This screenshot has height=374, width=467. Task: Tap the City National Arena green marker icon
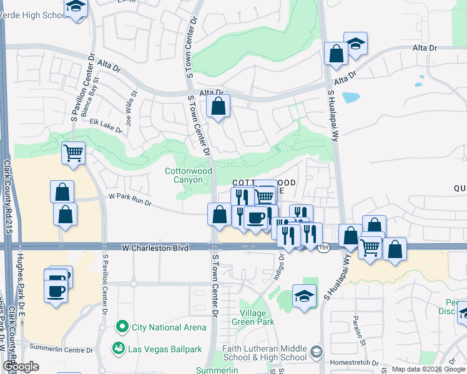coord(122,327)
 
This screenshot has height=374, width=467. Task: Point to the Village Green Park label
coord(257,317)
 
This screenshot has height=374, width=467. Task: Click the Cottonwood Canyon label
coord(188,175)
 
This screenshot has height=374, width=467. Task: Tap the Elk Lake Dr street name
coord(106,125)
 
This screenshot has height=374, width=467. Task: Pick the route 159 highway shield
coord(323,248)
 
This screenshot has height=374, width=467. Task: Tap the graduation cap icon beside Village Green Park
coord(304,296)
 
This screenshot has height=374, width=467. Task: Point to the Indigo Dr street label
coord(278,265)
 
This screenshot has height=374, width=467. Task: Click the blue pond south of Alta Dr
coord(350,97)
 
